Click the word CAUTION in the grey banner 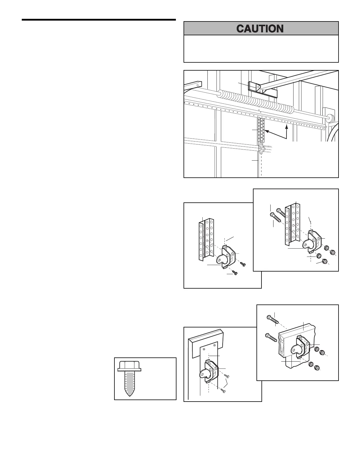260,29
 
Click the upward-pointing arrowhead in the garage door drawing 286,127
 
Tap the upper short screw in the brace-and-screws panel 243,264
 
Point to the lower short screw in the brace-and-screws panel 235,272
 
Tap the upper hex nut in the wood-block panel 322,352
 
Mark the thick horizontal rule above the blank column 99,20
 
